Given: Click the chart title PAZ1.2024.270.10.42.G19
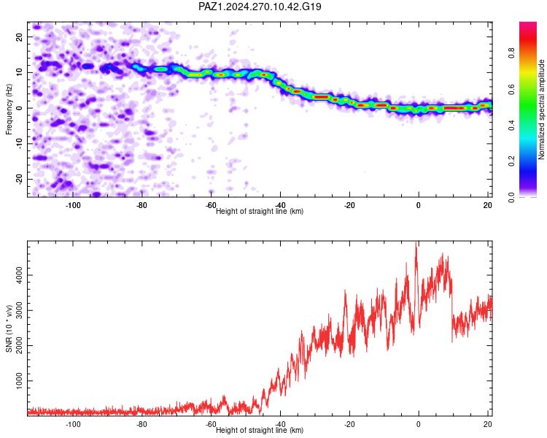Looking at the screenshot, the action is (x=260, y=7).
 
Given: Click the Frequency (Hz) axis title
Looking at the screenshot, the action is (x=9, y=109).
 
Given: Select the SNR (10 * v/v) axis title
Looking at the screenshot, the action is (x=9, y=328).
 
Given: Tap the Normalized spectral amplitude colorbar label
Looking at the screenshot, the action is (x=541, y=109).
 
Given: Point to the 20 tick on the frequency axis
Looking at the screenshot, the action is (x=19, y=36).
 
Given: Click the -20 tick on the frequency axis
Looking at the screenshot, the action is (x=19, y=179).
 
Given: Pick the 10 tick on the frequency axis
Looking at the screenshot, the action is (x=19, y=72).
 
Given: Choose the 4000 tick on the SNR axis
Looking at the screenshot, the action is (x=19, y=275).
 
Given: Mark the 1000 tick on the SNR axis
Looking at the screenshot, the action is (x=19, y=381).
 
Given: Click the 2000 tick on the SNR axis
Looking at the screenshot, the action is (x=19, y=345).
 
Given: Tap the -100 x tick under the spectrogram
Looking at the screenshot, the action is (x=72, y=205).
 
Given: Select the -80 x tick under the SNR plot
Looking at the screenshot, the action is (x=141, y=424).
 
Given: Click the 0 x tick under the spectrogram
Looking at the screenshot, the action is (x=419, y=205).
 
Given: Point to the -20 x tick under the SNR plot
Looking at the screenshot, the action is (x=349, y=424).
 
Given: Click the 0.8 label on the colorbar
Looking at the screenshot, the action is (x=511, y=53).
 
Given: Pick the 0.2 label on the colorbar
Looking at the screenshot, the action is (x=511, y=161).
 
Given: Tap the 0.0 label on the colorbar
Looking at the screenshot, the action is (x=511, y=197).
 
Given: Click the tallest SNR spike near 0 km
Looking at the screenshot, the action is (x=416, y=242).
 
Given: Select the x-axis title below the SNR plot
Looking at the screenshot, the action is (x=260, y=430).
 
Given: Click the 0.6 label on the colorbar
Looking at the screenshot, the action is (x=511, y=89).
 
